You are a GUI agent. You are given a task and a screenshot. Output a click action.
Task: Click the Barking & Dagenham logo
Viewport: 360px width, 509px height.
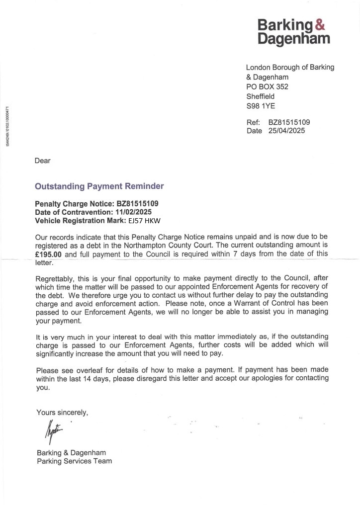click(293, 31)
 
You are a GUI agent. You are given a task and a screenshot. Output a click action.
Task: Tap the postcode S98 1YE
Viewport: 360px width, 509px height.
click(261, 106)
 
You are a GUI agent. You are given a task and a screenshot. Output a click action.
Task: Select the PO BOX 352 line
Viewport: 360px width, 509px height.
click(267, 86)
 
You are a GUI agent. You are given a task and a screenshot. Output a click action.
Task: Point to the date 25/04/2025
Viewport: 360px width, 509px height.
click(286, 131)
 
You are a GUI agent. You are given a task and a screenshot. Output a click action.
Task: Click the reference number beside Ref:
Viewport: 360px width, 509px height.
click(289, 122)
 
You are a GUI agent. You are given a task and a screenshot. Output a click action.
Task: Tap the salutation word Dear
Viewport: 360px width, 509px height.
click(43, 161)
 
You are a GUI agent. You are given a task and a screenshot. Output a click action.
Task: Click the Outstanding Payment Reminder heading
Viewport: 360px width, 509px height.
click(99, 186)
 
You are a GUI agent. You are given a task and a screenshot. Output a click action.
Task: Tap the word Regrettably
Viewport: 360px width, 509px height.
click(55, 279)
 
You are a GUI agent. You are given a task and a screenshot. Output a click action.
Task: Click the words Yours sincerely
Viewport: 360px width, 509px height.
click(62, 412)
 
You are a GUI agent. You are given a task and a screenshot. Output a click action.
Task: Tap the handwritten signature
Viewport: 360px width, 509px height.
click(52, 432)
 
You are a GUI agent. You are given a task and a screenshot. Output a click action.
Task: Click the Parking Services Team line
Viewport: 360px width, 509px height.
click(74, 461)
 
